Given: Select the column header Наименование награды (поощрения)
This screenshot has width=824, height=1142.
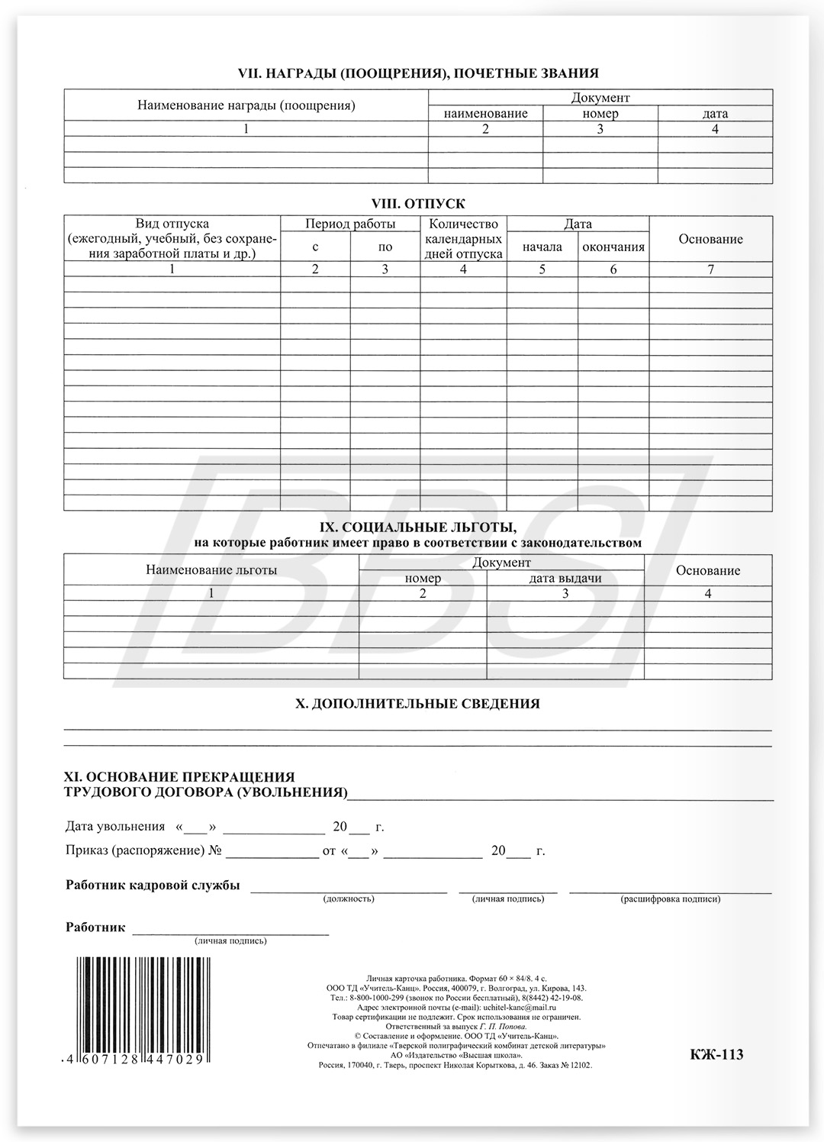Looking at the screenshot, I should [x=246, y=105].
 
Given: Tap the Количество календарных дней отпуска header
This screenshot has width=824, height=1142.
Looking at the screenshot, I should [x=463, y=239].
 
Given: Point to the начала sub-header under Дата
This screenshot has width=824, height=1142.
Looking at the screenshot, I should [x=542, y=247].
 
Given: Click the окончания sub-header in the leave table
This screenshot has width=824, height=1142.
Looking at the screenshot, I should [x=613, y=247].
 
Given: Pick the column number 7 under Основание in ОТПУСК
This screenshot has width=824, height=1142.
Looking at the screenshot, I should [x=711, y=269].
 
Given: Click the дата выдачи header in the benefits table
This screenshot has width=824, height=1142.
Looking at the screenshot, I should [x=565, y=578].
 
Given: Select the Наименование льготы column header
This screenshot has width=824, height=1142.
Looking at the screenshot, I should [x=211, y=569].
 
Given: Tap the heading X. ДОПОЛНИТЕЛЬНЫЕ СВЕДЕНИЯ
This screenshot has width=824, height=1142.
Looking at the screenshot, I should [x=417, y=704].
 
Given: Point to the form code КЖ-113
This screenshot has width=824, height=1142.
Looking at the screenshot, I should [x=716, y=1055].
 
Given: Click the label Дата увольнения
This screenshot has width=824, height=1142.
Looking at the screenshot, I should [x=115, y=827].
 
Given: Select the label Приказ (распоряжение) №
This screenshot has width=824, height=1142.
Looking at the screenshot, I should [x=144, y=850].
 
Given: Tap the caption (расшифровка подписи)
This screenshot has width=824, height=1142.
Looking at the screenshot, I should [x=671, y=899].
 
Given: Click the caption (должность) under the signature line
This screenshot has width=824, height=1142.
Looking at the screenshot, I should [x=349, y=899].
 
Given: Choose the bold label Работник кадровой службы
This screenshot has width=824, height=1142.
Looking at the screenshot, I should [x=153, y=886].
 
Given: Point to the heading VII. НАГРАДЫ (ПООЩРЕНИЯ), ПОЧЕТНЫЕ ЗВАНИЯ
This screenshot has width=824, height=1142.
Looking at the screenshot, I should [x=419, y=73].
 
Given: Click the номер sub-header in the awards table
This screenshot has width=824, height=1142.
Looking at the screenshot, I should [x=600, y=114].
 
